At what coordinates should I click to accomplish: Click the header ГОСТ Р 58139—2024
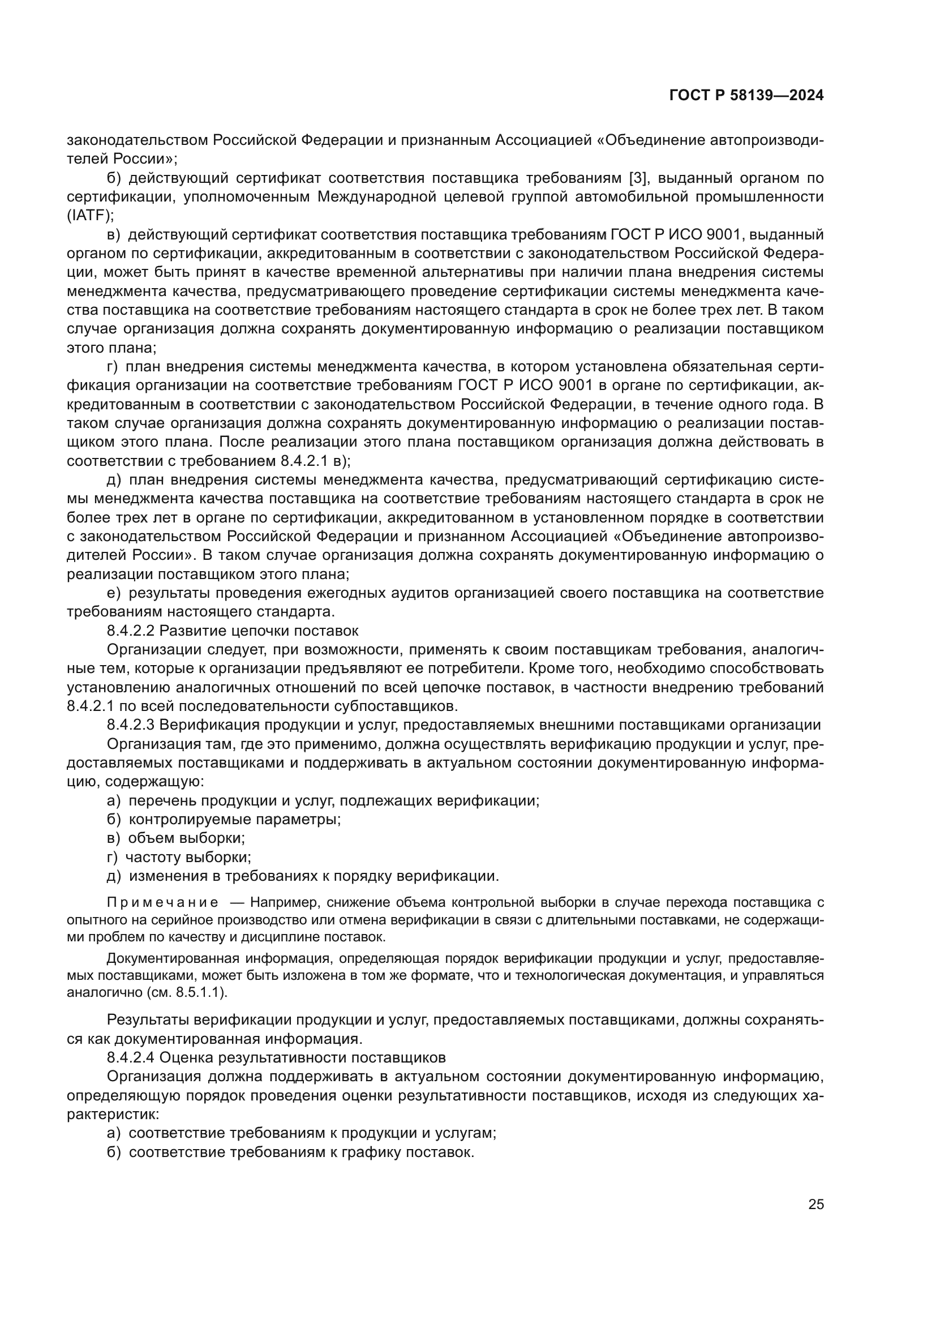(x=746, y=96)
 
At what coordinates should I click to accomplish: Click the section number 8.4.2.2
(x=130, y=630)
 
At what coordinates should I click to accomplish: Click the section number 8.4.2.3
(x=130, y=725)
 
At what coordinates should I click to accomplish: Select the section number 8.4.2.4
(x=130, y=1057)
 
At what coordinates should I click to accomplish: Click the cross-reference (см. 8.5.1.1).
(x=190, y=992)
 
